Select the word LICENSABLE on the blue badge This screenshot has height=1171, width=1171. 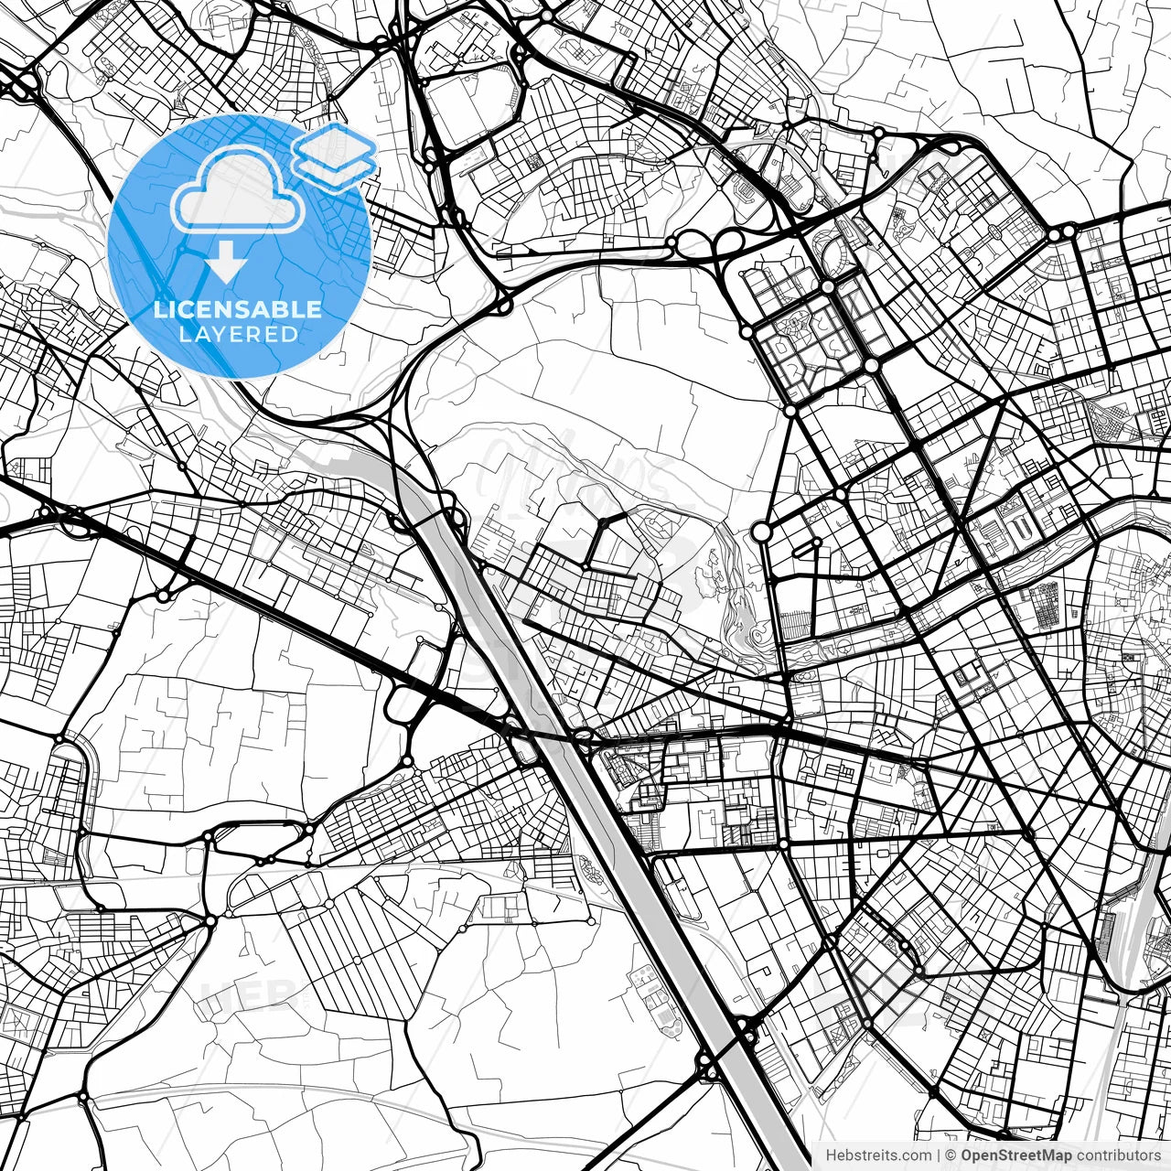pyautogui.click(x=238, y=309)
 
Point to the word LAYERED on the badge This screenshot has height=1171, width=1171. pyautogui.click(x=238, y=335)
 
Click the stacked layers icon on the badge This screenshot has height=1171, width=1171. pyautogui.click(x=334, y=156)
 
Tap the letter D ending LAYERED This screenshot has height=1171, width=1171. pyautogui.click(x=290, y=335)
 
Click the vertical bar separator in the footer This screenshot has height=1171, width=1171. pyautogui.click(x=939, y=1155)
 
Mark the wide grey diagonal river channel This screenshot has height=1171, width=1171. pyautogui.click(x=585, y=778)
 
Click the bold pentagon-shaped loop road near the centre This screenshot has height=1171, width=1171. pyautogui.click(x=604, y=540)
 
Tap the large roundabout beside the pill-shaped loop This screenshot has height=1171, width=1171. pyautogui.click(x=761, y=532)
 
